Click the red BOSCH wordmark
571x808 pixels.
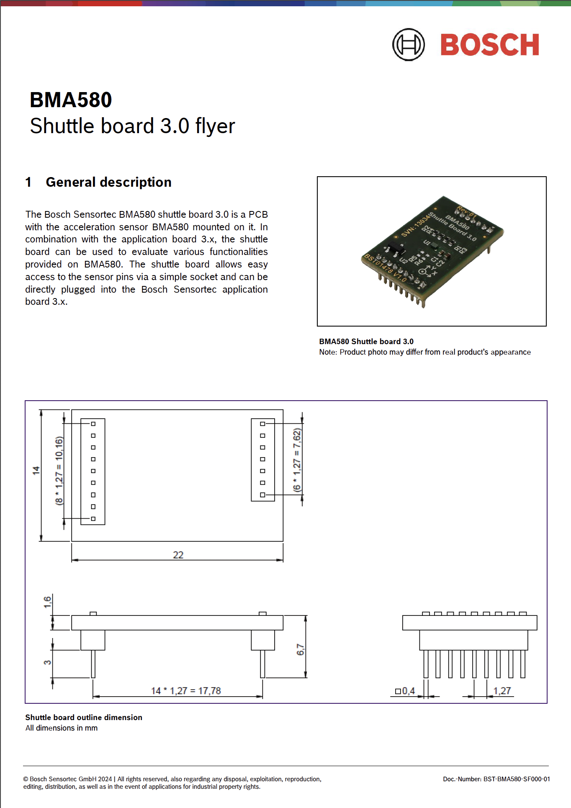(x=489, y=45)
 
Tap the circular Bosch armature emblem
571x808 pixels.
(x=408, y=44)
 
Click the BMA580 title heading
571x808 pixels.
(x=71, y=100)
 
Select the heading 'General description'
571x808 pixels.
(x=108, y=182)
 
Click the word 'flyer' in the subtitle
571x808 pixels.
(x=215, y=126)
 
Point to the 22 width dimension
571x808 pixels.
(x=178, y=555)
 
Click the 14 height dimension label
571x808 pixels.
(x=36, y=470)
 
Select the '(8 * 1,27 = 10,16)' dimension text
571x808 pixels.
(x=59, y=471)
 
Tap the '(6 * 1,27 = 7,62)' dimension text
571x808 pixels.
(x=297, y=459)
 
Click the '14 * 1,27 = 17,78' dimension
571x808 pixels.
(x=186, y=691)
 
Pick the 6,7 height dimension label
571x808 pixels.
(x=300, y=649)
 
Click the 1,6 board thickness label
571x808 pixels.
(x=47, y=602)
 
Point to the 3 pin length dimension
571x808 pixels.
(x=47, y=662)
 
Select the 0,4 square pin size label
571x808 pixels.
(x=405, y=691)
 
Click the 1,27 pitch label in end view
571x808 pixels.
(x=502, y=691)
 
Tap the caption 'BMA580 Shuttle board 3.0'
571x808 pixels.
(x=366, y=341)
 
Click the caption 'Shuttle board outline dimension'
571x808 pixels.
(x=84, y=717)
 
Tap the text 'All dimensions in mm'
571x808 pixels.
(x=62, y=728)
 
